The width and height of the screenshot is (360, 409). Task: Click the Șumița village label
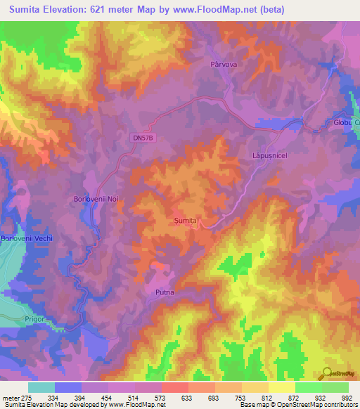click(188, 221)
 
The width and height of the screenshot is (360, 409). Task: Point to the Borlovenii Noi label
click(98, 200)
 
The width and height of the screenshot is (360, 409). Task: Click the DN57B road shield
click(142, 139)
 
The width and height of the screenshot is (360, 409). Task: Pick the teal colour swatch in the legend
click(41, 387)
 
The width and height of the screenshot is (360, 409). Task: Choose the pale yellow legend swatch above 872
click(281, 387)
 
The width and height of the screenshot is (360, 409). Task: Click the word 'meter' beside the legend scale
click(11, 398)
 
